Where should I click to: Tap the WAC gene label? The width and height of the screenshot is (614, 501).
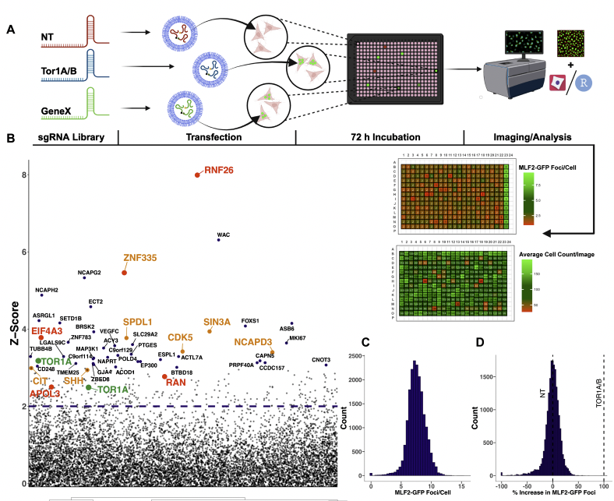click(224, 234)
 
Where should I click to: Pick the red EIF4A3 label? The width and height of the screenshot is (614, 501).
click(48, 330)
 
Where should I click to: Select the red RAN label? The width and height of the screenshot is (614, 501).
click(176, 382)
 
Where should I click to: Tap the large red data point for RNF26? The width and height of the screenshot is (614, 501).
click(197, 175)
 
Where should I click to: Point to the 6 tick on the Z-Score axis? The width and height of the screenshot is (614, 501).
click(24, 252)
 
